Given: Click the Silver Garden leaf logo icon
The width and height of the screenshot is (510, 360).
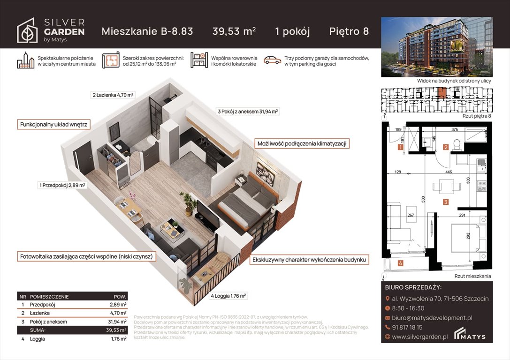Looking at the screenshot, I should click(27, 30).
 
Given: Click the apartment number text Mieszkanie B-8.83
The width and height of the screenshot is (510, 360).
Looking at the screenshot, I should click(147, 31).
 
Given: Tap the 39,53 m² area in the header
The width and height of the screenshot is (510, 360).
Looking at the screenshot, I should click(234, 31).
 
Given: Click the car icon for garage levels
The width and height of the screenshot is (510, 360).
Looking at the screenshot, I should click(272, 60).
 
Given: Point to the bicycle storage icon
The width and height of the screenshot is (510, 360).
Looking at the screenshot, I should click(199, 60).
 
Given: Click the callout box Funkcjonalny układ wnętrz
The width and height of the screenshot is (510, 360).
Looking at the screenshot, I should click(53, 125).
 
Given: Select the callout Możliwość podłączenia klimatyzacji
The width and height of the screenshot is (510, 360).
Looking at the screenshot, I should click(302, 144).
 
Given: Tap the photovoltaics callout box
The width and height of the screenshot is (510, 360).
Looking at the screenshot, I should click(87, 257).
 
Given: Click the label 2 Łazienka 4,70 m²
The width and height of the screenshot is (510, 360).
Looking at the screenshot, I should click(113, 95).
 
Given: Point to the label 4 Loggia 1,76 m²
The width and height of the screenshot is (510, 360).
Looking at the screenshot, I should click(228, 296).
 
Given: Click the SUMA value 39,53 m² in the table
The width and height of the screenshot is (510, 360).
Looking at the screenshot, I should click(116, 330).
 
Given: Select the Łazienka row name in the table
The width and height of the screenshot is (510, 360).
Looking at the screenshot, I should click(40, 313).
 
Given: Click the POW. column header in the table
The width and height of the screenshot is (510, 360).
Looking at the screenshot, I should click(120, 297).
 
